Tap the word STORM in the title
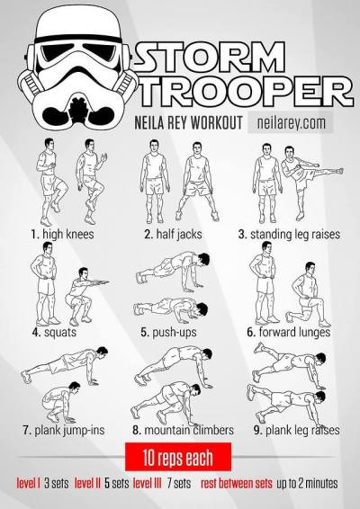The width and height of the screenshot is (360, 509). point(211,58)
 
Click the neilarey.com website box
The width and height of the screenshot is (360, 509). point(291,122)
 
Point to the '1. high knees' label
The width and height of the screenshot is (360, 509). point(62,234)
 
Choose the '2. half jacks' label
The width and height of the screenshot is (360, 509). point(173,234)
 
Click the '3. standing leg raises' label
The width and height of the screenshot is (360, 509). point(289,235)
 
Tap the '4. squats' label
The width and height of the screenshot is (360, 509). point(54,332)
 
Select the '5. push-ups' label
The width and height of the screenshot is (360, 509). point(168,332)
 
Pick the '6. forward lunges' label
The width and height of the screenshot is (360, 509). point(289,332)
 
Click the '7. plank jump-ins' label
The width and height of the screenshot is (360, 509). point(64,430)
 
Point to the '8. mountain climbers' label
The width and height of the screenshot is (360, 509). point(184,430)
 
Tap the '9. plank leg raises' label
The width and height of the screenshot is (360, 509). point(297,431)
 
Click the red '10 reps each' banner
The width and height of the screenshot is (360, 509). point(178,457)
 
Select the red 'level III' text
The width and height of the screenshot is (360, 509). point(148,483)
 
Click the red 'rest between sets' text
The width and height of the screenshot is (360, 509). point(237,483)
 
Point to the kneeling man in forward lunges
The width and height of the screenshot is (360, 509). point(308,295)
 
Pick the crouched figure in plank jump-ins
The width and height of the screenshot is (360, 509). point(61,402)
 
